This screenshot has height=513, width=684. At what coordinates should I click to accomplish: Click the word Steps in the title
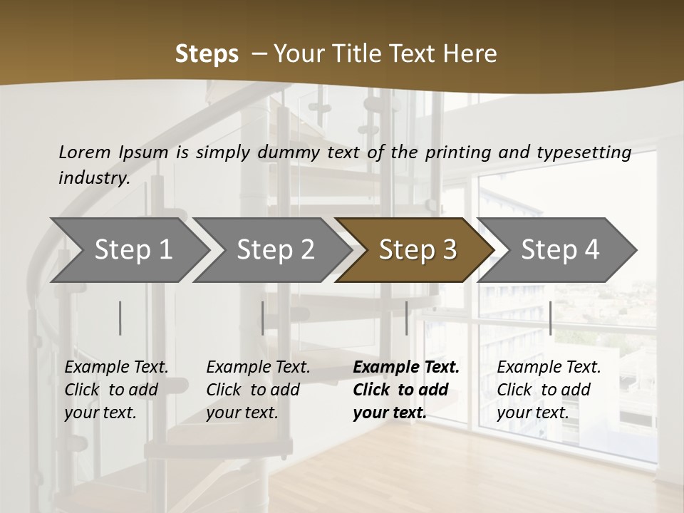tap(207, 54)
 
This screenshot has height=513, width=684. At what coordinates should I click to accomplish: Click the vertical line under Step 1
tap(120, 318)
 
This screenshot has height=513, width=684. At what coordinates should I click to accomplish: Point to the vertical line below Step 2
tap(263, 318)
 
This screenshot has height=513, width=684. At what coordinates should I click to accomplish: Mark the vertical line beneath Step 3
tap(407, 318)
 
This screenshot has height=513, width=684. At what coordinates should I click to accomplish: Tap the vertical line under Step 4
tap(550, 318)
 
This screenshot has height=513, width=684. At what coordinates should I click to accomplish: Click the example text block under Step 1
tap(116, 390)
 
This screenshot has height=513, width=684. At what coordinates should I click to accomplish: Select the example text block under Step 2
tap(258, 390)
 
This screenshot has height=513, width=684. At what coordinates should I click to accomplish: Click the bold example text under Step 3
tap(406, 390)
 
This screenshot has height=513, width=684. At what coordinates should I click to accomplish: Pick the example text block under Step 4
tap(549, 390)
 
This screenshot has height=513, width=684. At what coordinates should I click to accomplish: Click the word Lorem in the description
tap(84, 152)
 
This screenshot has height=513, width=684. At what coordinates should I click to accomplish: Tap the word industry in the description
tap(94, 177)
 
